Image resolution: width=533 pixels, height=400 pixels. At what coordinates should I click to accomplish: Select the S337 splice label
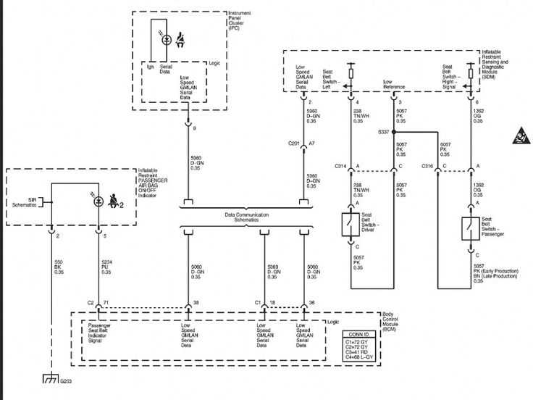click(x=383, y=132)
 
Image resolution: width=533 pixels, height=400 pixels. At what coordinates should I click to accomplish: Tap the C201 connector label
click(x=294, y=143)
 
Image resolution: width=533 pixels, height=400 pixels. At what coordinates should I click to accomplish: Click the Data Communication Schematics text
click(x=245, y=217)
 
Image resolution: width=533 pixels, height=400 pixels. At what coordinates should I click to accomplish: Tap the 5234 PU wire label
click(x=106, y=267)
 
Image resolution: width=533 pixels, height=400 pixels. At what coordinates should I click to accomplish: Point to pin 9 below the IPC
click(x=194, y=128)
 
